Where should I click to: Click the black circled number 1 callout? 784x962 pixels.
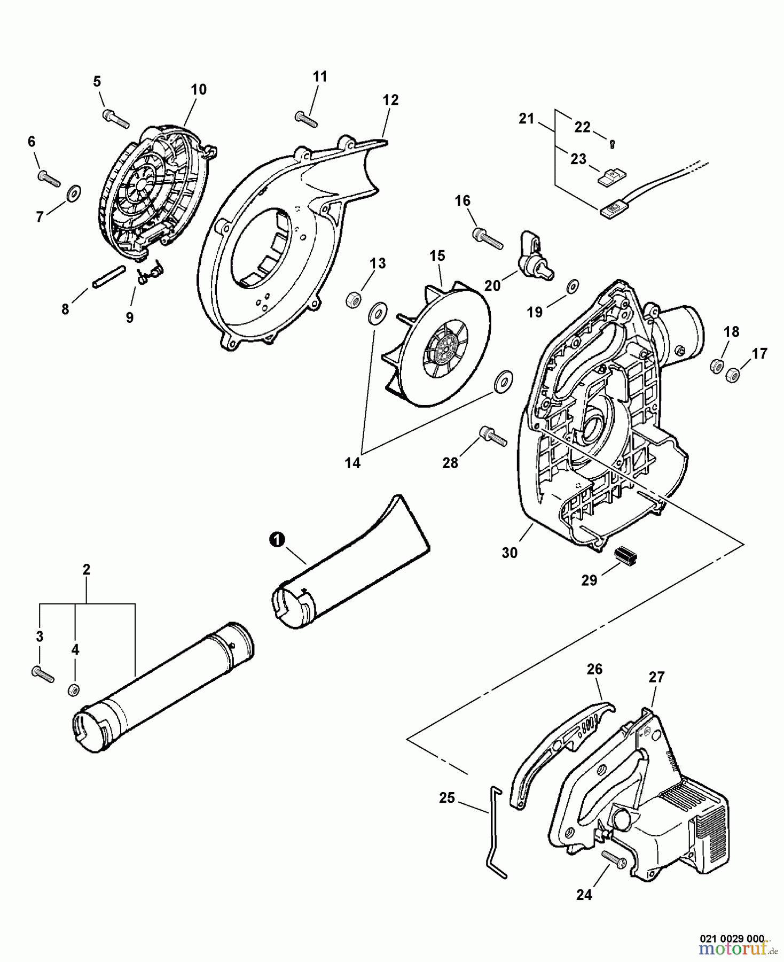(x=276, y=540)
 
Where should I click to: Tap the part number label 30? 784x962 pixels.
(x=509, y=553)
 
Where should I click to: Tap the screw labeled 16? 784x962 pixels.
(x=488, y=238)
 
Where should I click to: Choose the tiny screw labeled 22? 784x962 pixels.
(x=613, y=143)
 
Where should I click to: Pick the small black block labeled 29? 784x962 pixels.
(x=626, y=556)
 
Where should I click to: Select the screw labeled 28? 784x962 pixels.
(x=493, y=436)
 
